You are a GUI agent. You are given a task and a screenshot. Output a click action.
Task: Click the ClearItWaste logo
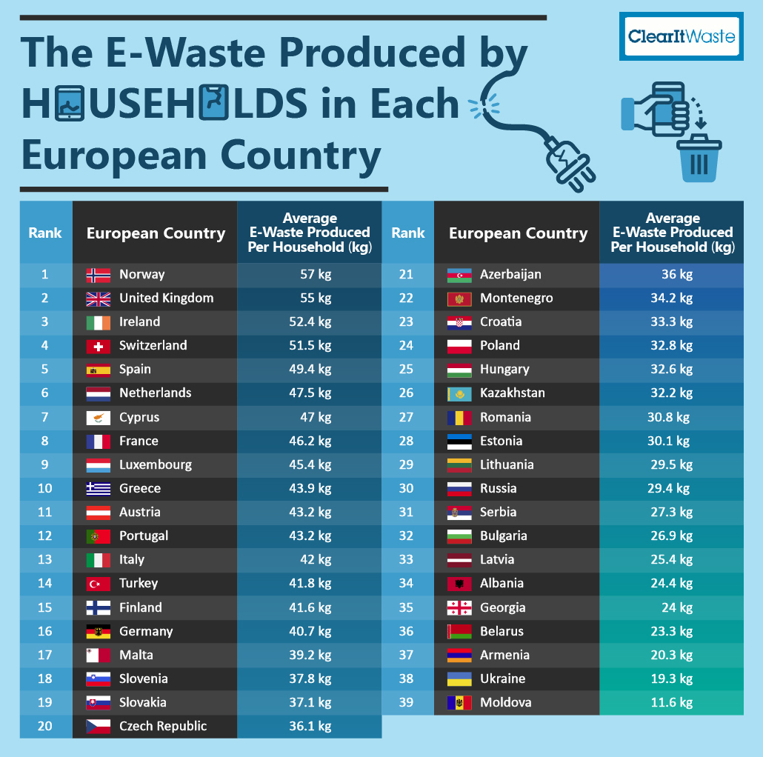click(681, 36)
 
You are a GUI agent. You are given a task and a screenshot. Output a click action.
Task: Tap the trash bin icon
click(699, 158)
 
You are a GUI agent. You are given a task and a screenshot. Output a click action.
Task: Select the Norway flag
click(98, 275)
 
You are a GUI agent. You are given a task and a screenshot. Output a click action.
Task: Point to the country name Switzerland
click(153, 346)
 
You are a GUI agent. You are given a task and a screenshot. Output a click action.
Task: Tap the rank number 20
click(45, 726)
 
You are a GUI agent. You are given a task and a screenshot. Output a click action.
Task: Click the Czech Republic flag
click(98, 726)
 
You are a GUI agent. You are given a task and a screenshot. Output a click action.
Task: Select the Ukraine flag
click(459, 678)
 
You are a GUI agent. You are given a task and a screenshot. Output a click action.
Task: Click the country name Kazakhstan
click(512, 393)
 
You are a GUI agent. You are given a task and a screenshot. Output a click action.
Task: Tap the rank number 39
click(407, 702)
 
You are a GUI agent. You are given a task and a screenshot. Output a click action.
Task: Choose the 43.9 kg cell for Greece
click(310, 489)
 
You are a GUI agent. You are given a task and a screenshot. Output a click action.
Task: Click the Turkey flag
click(98, 584)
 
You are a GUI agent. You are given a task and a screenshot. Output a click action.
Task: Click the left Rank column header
click(45, 233)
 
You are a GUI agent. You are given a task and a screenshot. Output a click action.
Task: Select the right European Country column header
click(518, 234)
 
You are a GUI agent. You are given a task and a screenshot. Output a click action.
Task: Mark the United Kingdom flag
click(98, 299)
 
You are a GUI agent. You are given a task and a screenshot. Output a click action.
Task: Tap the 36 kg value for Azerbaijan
click(676, 275)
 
